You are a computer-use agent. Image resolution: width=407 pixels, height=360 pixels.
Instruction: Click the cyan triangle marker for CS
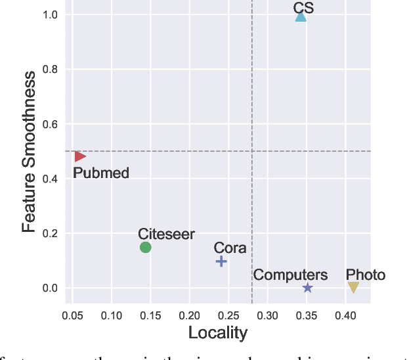click(301, 16)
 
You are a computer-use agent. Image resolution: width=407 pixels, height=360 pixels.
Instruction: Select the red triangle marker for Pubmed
click(79, 156)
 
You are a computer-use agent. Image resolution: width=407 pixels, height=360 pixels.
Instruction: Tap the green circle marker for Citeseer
click(146, 247)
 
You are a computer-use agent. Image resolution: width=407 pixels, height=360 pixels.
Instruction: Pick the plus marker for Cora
click(221, 261)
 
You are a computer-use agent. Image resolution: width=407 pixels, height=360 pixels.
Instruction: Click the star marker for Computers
click(307, 288)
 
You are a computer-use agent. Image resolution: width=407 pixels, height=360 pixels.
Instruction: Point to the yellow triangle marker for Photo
click(353, 288)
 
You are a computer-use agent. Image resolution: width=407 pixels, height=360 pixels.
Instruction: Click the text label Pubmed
click(100, 173)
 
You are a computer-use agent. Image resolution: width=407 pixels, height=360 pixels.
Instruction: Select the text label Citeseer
click(166, 234)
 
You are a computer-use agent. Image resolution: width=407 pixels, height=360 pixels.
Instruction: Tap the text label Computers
click(290, 275)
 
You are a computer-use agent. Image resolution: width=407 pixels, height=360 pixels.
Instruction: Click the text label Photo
click(366, 275)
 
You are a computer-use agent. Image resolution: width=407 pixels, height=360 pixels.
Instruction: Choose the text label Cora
click(230, 248)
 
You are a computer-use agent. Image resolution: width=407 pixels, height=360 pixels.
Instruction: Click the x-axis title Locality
click(218, 333)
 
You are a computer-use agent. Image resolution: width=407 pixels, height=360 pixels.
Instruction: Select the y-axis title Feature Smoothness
click(29, 152)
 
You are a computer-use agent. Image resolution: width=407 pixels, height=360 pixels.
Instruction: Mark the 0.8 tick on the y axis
click(50, 70)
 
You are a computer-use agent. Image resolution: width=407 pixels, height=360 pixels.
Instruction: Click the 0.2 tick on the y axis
click(50, 233)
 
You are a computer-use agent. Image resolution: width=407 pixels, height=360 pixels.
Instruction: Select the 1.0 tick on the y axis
click(50, 15)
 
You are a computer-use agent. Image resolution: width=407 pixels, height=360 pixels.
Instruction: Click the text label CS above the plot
click(303, 7)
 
